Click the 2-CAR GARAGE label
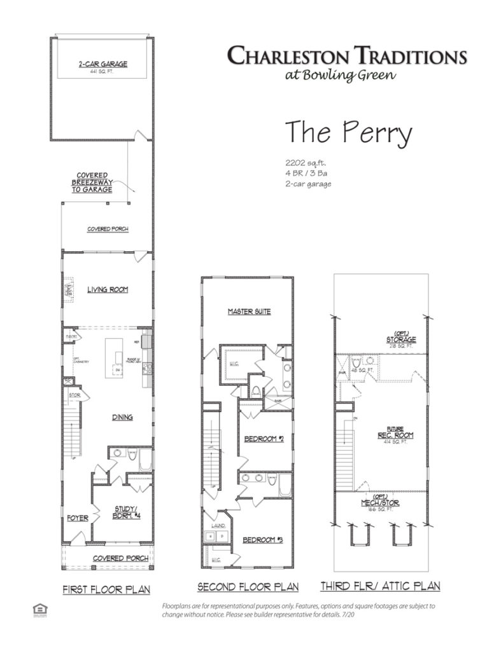point(102,64)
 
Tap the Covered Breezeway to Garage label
point(92,182)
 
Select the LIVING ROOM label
point(108,290)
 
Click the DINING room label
point(122,417)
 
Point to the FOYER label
point(77,517)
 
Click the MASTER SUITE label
point(250,312)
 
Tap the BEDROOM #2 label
point(264,439)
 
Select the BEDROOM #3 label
point(262,540)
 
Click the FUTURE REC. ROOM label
point(400,432)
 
